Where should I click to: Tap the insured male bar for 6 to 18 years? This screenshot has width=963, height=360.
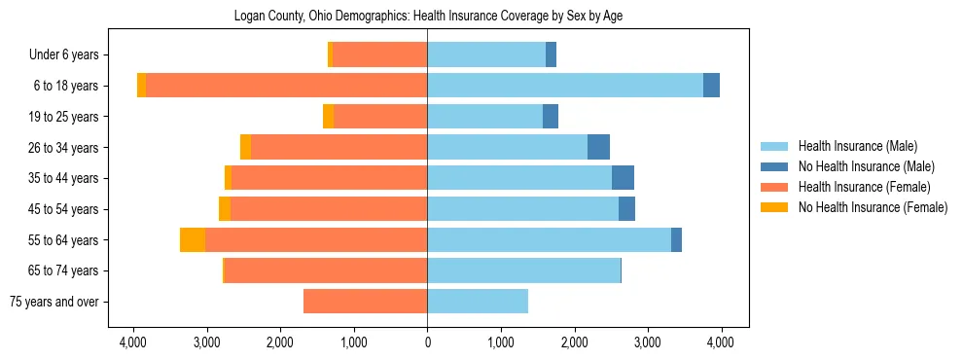point(564,86)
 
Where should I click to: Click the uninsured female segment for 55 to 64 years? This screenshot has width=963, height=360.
point(193,239)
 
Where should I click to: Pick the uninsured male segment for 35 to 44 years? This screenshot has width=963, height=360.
point(623,178)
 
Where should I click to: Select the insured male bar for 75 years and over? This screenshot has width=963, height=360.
point(477,302)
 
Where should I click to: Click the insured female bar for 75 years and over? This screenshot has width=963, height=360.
point(365,302)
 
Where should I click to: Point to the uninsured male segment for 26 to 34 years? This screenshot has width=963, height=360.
point(598,147)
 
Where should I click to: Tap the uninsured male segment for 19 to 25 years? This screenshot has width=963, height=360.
point(551,117)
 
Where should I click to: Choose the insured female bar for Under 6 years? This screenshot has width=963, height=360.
point(379,54)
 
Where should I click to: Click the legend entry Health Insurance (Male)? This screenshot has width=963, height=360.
point(857,147)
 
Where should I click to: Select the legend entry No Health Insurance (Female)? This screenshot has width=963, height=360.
point(873,207)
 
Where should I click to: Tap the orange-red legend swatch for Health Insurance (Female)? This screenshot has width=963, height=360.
point(774,187)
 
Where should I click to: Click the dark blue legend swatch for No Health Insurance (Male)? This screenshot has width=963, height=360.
point(774,166)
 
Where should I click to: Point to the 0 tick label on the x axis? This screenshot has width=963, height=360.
point(427,342)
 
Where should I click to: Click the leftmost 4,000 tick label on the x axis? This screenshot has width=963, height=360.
point(133,342)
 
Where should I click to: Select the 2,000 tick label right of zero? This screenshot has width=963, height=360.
point(574,342)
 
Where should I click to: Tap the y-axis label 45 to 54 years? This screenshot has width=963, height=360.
point(64,209)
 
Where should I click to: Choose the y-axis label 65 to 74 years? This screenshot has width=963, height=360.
point(64,270)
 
